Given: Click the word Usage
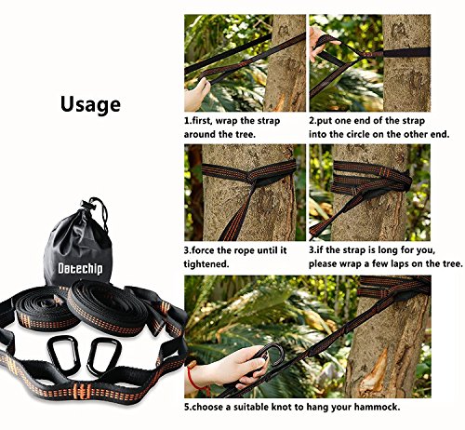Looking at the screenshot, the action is pos(90,105).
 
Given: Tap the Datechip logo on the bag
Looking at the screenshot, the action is pos(80,268).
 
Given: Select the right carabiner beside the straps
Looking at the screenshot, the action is pos(102,355).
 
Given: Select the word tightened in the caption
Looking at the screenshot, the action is pos(206,264).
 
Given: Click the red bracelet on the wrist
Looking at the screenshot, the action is pos(193,378).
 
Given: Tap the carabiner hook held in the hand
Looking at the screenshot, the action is pos(269,356).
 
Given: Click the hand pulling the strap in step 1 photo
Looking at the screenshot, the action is pos(196,94).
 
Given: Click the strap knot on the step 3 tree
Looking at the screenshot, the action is pos(254,179).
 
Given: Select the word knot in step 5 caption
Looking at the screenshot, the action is pos(283,407).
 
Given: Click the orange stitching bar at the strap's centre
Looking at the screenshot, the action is pos(82,391).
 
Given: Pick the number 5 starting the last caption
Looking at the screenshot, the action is pos(187,407).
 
